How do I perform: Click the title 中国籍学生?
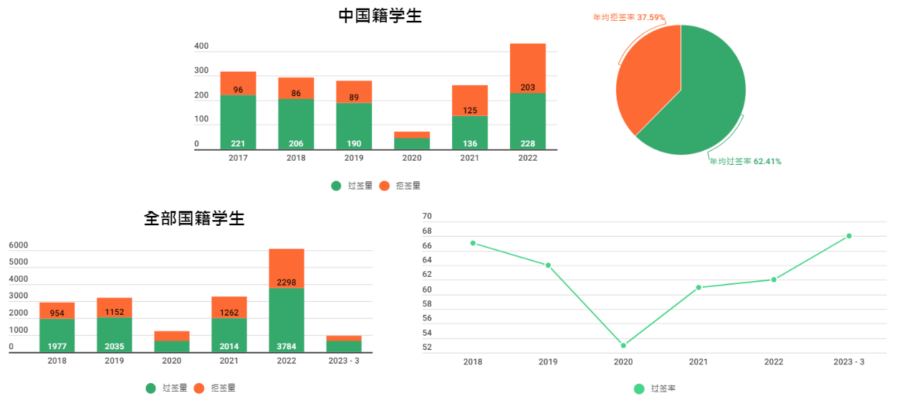point(380,16)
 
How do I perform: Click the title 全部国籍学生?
point(194,219)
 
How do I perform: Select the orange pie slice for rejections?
point(646,79)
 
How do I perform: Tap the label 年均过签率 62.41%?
point(745,162)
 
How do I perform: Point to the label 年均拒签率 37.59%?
point(629,16)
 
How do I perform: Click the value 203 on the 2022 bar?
point(528,87)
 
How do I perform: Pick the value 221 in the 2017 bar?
point(238,143)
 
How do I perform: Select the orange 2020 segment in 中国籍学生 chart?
point(412,135)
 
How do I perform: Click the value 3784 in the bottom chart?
point(287,346)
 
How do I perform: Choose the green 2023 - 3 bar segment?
point(344,347)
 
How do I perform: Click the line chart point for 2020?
point(623,346)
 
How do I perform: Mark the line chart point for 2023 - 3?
point(849,236)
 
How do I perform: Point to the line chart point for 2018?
point(473,243)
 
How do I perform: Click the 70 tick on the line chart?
point(427,216)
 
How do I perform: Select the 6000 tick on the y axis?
point(19,245)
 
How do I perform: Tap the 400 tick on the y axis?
point(201,47)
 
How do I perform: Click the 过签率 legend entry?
point(656,389)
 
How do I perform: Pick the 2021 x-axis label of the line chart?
point(698,362)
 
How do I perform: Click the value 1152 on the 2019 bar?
point(115,312)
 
